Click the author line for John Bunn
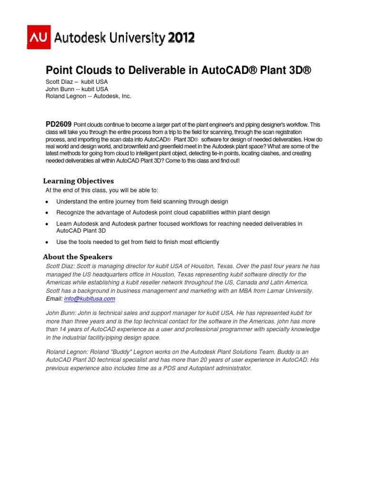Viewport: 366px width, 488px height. point(76,89)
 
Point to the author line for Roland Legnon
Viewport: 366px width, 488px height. point(88,96)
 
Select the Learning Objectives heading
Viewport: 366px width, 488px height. point(79,181)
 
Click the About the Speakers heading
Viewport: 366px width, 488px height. point(78,256)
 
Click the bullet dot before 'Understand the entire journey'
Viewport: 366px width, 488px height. point(47,202)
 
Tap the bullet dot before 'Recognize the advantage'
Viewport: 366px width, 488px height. point(47,213)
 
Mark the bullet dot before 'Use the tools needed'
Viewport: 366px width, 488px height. point(47,243)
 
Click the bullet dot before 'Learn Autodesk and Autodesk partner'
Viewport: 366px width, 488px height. point(47,224)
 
